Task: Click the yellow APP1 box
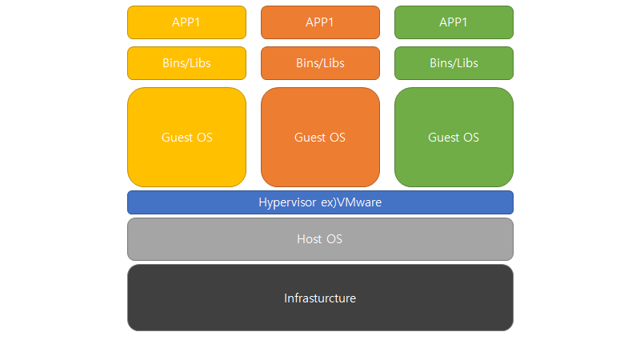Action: click(186, 22)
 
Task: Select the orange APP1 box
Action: click(320, 22)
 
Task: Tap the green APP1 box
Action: click(454, 22)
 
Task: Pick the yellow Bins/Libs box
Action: click(186, 63)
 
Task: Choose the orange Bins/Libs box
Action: click(320, 63)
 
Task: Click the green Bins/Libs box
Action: click(454, 63)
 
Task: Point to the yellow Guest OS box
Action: click(186, 137)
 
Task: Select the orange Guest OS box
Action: click(320, 137)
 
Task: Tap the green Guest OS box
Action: click(454, 137)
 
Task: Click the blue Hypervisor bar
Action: click(320, 202)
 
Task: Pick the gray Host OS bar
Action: click(320, 239)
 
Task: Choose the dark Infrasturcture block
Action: click(320, 298)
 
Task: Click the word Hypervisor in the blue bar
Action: click(287, 203)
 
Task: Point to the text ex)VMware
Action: click(351, 202)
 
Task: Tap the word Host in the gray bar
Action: click(310, 239)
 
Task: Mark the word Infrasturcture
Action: click(320, 298)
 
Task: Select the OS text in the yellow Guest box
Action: click(205, 138)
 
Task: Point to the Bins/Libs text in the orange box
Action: click(320, 63)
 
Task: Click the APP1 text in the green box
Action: click(454, 22)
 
